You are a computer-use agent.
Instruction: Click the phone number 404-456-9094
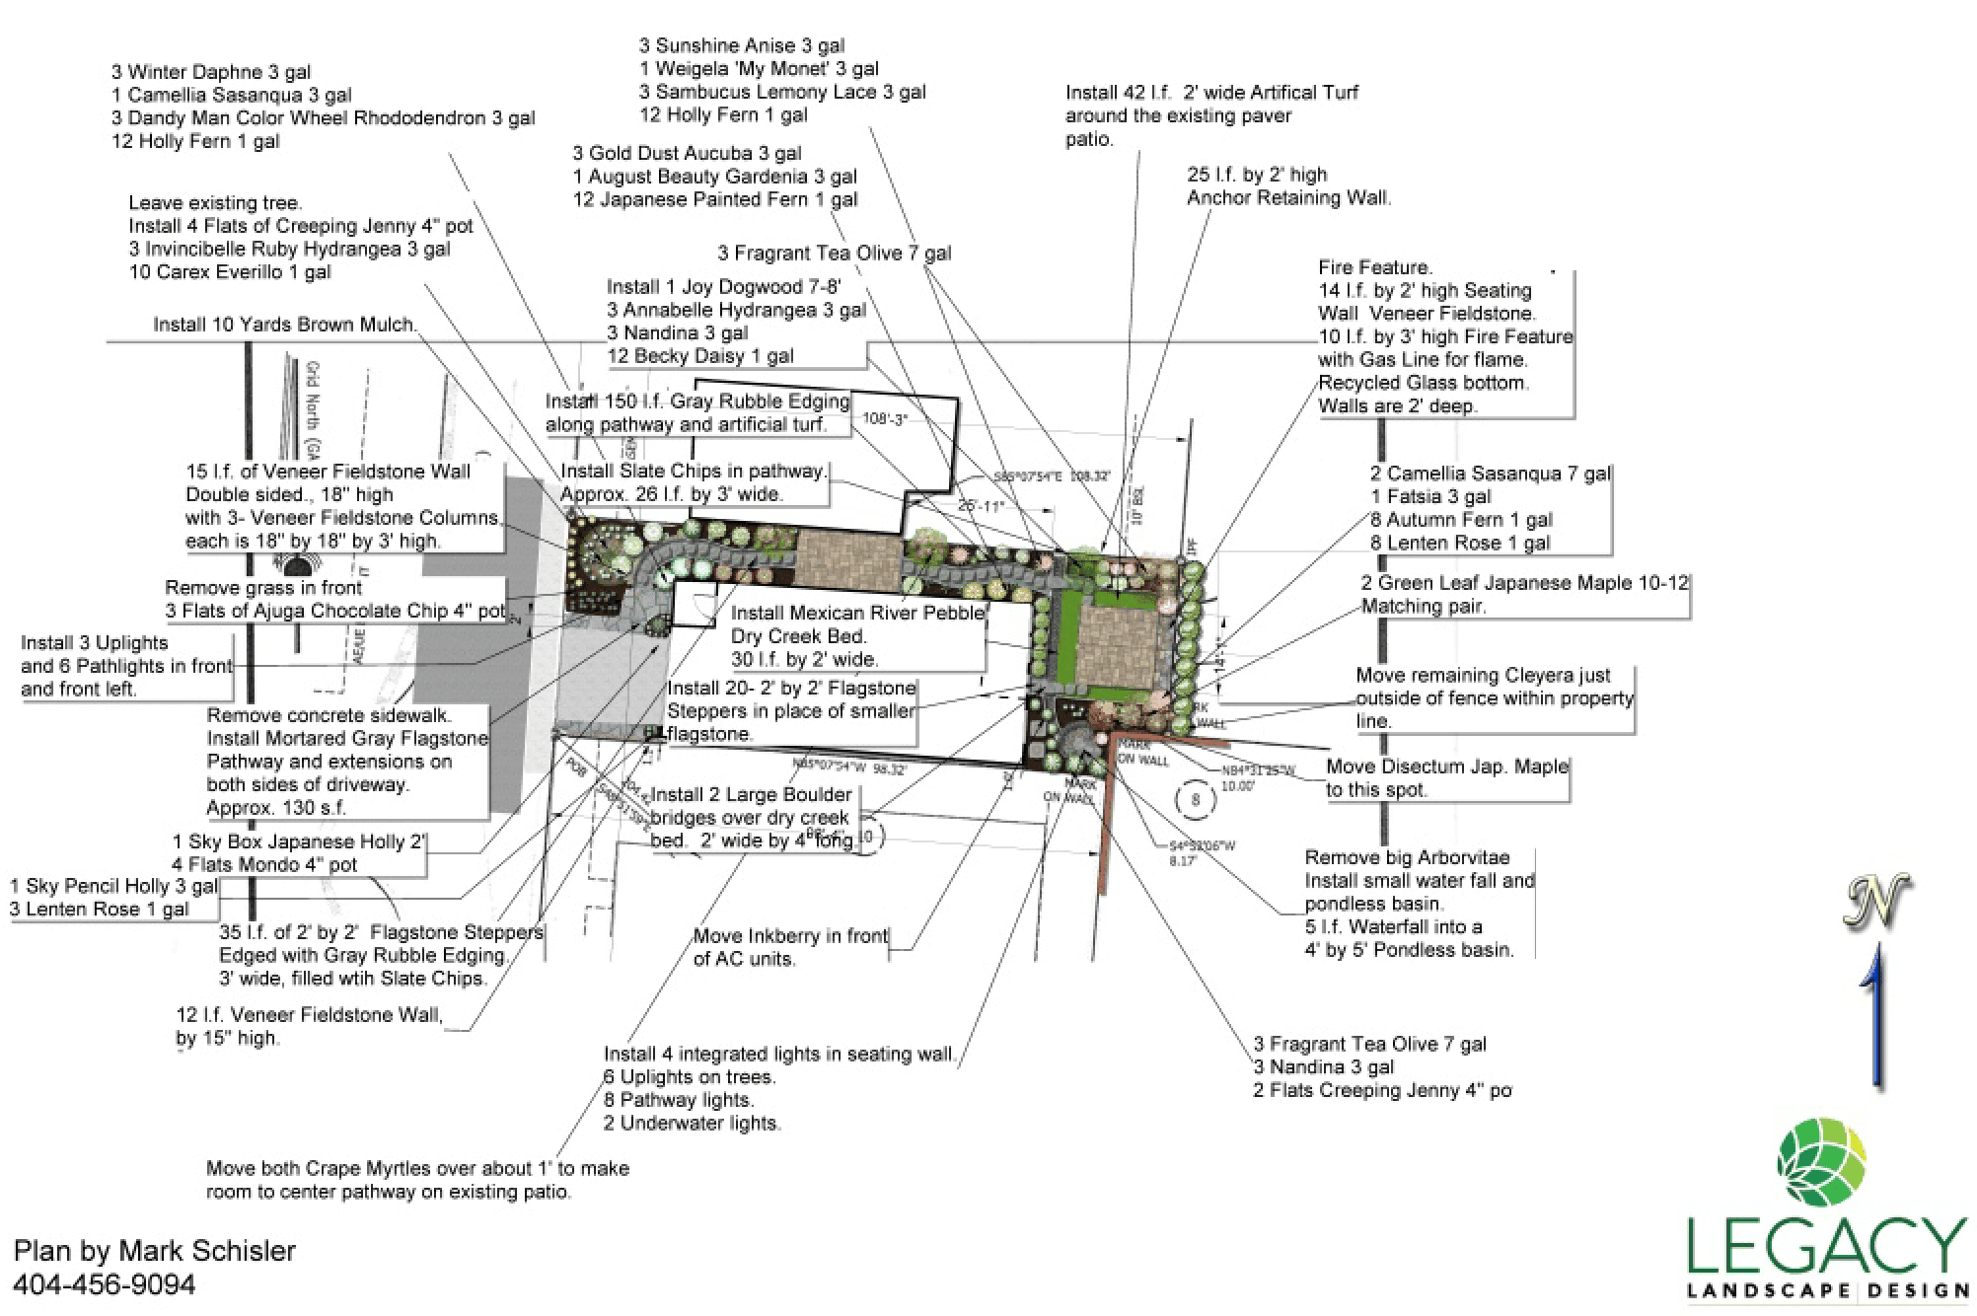104,1284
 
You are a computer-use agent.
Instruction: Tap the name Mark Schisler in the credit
207,1251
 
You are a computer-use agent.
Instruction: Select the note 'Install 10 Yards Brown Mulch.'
284,325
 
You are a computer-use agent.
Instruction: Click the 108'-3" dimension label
884,418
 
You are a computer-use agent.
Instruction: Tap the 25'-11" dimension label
981,506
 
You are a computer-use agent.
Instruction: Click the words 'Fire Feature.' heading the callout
1374,267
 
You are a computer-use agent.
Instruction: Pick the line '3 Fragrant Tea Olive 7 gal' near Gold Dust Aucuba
834,253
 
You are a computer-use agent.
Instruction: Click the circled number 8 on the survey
1195,799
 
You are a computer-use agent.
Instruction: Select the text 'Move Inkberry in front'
790,935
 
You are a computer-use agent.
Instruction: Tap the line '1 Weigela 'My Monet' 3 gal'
758,68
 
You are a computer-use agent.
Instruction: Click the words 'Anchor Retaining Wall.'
1288,197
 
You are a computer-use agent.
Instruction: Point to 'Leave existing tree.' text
215,203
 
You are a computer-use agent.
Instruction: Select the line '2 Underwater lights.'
692,1123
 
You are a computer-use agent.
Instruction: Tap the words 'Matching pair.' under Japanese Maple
1423,606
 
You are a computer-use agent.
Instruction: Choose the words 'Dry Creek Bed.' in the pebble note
798,636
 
